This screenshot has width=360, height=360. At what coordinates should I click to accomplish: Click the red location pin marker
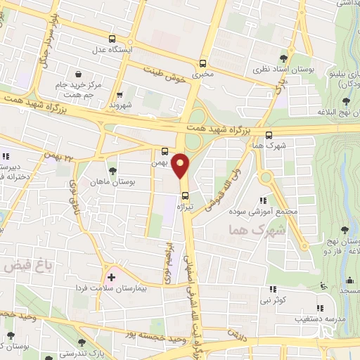point(181,166)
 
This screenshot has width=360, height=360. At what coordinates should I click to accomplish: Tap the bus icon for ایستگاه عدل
point(113,39)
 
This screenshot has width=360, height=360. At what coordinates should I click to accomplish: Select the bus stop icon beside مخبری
point(203,61)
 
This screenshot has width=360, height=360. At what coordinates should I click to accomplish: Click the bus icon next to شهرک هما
point(269,135)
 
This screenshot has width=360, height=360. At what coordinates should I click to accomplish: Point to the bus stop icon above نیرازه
point(185,195)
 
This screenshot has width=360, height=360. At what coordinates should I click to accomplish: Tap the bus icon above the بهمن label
point(164,150)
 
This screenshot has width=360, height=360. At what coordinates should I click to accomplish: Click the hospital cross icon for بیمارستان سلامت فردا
point(110,276)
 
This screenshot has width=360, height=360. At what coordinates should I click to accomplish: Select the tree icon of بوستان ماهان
point(112,172)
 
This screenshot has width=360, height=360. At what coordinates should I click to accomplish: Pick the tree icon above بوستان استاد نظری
point(284,58)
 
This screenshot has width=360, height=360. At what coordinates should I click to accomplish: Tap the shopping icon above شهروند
point(120,94)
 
